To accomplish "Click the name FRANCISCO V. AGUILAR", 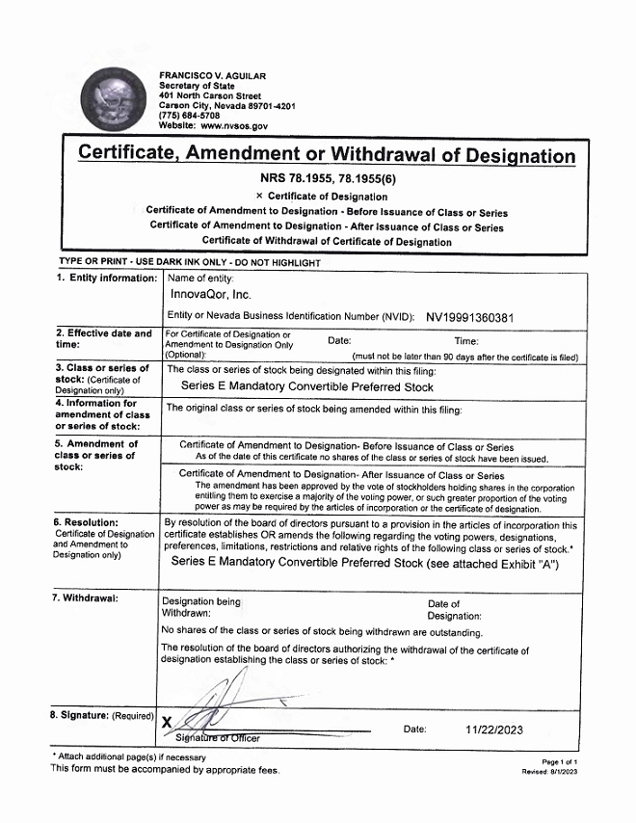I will [x=212, y=76].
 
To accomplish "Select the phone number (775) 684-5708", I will [x=189, y=116].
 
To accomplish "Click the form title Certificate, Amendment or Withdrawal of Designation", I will [x=326, y=154].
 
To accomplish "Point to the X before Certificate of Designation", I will [x=259, y=197].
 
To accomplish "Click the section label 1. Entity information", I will [x=106, y=279].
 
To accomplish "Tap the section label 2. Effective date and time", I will [x=104, y=339].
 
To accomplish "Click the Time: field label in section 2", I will [x=466, y=340].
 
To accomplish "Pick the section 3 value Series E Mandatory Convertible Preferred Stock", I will [x=307, y=386].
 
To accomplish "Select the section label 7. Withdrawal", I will [x=87, y=598].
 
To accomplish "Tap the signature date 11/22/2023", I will [x=493, y=730].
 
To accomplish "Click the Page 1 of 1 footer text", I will [x=559, y=761].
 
